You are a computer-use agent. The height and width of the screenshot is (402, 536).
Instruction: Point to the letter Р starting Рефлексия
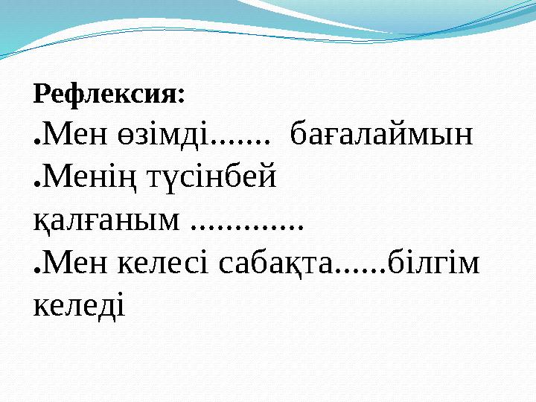click(41, 95)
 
